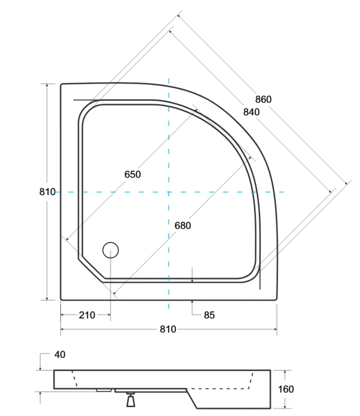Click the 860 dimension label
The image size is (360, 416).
pyautogui.click(x=263, y=99)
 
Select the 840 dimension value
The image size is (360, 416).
pyautogui.click(x=251, y=111)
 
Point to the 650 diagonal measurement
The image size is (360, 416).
pyautogui.click(x=132, y=174)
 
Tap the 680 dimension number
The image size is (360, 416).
pyautogui.click(x=182, y=225)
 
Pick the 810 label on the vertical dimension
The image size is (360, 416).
pyautogui.click(x=47, y=192)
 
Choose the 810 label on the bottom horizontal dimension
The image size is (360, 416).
pyautogui.click(x=168, y=329)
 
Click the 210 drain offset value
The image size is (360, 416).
pyautogui.click(x=87, y=315)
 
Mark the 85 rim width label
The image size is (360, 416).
pyautogui.click(x=209, y=315)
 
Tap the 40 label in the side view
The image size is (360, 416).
pyautogui.click(x=60, y=354)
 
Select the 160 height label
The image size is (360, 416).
pyautogui.click(x=286, y=389)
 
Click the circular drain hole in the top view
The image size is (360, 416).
pyautogui.click(x=111, y=251)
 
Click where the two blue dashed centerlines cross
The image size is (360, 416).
pyautogui.click(x=168, y=192)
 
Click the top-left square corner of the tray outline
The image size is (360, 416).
pyautogui.click(x=62, y=84)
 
